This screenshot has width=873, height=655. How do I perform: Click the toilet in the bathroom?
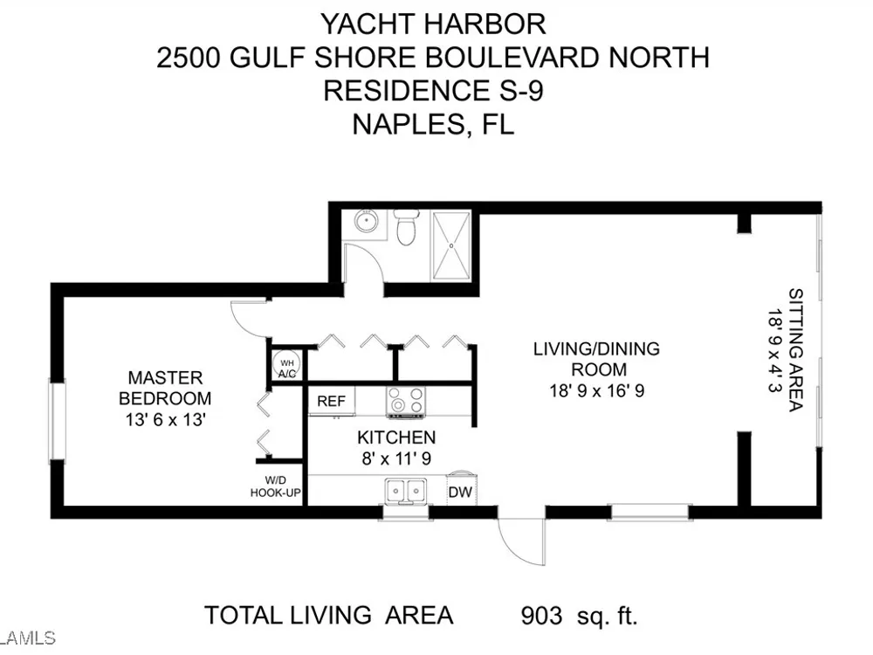pos(404,227)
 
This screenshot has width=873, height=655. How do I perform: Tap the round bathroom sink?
pos(367,222)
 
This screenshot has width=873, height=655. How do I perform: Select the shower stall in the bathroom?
pos(451,245)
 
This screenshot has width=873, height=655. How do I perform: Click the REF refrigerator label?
pos(331,401)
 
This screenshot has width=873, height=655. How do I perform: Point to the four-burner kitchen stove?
pos(406,402)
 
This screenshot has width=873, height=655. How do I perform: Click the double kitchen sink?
pos(406,491)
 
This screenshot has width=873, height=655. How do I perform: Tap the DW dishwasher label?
pos(460,492)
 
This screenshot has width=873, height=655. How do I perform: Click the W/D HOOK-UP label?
pos(276,486)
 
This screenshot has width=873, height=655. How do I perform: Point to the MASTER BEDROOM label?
pos(165,389)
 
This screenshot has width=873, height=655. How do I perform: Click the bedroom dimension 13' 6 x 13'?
pos(166,419)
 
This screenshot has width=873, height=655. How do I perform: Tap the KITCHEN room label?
pos(396,438)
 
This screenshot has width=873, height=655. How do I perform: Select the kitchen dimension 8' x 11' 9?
pos(396,458)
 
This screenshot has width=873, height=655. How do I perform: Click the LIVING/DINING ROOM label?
pos(597,359)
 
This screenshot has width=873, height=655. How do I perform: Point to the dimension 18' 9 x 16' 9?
pos(597,390)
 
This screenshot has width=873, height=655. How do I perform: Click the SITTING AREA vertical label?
pos(795,350)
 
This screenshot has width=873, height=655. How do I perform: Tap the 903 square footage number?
pos(542,616)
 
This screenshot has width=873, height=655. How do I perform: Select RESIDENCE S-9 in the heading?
pos(433,91)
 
